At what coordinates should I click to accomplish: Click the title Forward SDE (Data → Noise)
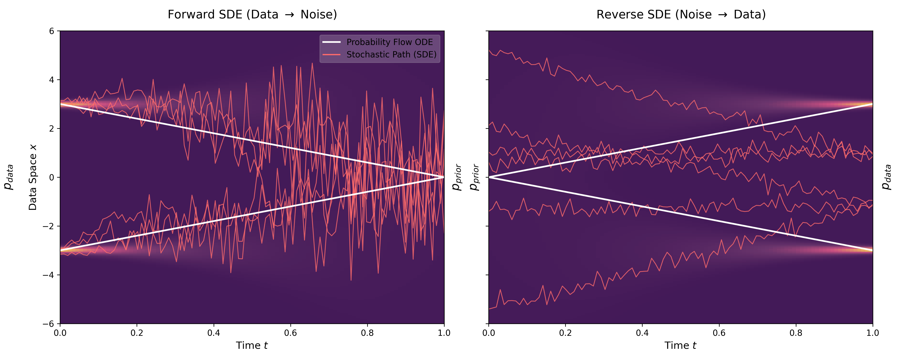click(x=252, y=15)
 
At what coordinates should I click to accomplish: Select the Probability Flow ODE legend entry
click(x=389, y=42)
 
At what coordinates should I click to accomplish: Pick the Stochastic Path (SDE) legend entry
click(x=391, y=55)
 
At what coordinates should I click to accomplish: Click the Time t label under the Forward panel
click(x=252, y=345)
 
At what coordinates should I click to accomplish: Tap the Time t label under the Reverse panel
click(x=680, y=345)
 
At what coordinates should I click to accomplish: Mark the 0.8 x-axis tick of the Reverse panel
click(x=796, y=333)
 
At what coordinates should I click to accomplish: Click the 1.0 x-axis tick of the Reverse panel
click(x=872, y=333)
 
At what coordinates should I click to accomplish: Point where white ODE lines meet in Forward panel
click(x=444, y=177)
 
